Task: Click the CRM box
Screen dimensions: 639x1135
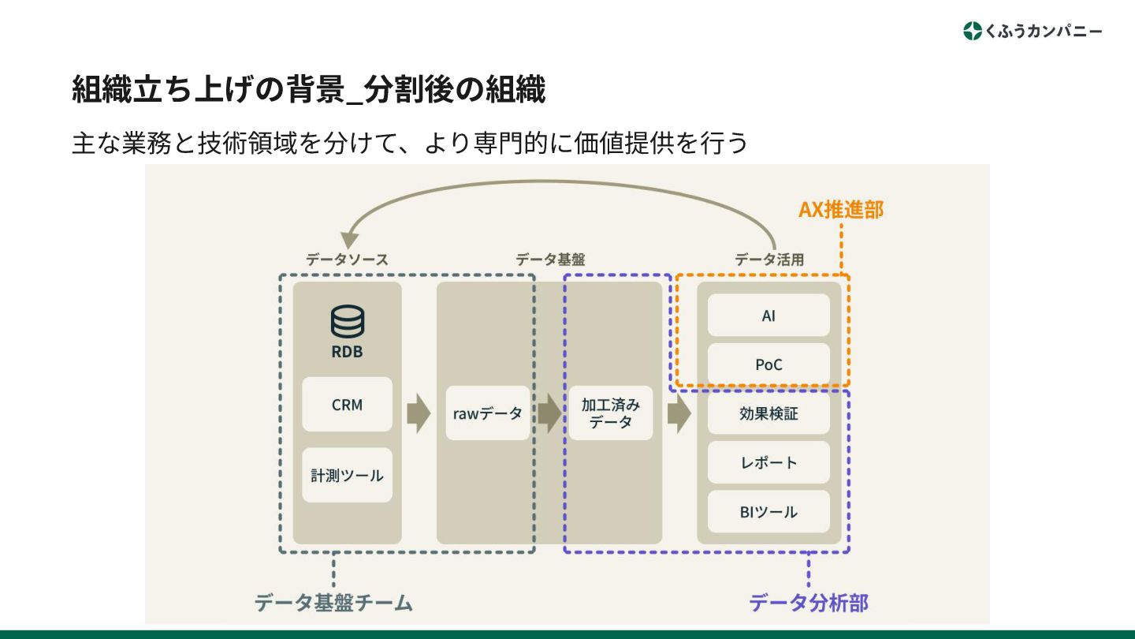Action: pyautogui.click(x=347, y=404)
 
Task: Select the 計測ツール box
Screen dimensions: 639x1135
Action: pyautogui.click(x=347, y=475)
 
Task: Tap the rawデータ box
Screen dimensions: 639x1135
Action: pyautogui.click(x=487, y=413)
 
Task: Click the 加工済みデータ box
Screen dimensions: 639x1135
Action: pyautogui.click(x=611, y=413)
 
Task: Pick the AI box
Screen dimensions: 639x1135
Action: pyautogui.click(x=768, y=316)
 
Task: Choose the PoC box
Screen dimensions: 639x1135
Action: pyautogui.click(x=768, y=364)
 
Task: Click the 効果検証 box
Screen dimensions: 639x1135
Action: pyautogui.click(x=768, y=413)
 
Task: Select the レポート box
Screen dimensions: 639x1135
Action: pyautogui.click(x=768, y=462)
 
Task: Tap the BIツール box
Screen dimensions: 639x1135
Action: pyautogui.click(x=768, y=511)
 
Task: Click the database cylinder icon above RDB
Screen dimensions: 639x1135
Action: pyautogui.click(x=347, y=322)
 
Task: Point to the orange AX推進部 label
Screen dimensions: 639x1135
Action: pyautogui.click(x=841, y=210)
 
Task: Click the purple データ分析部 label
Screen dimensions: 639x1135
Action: pyautogui.click(x=808, y=603)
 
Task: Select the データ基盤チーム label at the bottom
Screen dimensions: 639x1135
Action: pyautogui.click(x=333, y=603)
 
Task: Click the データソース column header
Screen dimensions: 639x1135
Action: pyautogui.click(x=347, y=259)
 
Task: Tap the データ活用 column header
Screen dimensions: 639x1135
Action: pyautogui.click(x=769, y=259)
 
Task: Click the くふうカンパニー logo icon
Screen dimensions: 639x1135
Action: pyautogui.click(x=973, y=31)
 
